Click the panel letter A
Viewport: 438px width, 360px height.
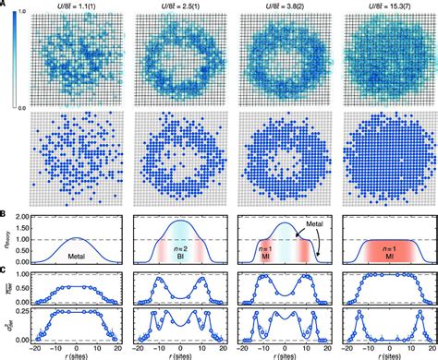point(5,6)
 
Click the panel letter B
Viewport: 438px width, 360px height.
point(5,214)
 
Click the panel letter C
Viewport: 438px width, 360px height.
point(5,270)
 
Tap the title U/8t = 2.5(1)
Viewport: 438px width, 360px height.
point(175,6)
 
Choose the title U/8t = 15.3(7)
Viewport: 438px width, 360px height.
point(382,6)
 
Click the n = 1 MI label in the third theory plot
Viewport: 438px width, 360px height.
point(251,248)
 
